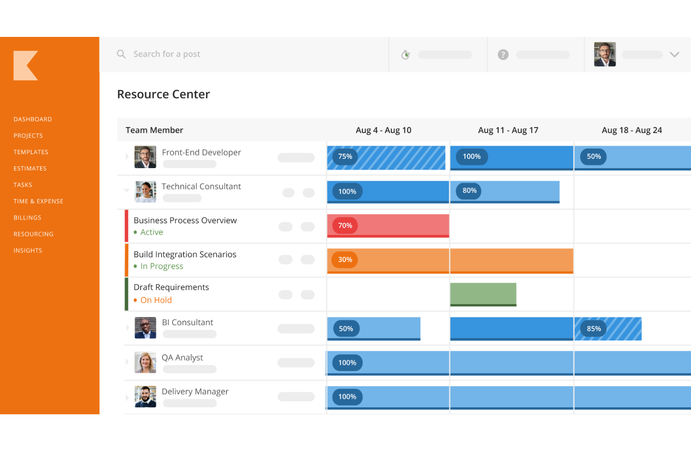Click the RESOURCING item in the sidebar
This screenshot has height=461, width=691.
point(34,234)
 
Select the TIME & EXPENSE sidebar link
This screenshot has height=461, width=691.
point(38,201)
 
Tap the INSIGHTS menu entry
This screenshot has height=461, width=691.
point(28,250)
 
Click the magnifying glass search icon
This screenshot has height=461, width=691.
point(121,54)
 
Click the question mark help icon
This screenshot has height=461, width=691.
point(503,55)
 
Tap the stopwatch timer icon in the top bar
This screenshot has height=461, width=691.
point(406,55)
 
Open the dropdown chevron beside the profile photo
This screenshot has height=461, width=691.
point(674,55)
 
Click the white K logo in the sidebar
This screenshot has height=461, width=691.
point(26,65)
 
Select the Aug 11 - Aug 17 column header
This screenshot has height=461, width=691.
point(508,130)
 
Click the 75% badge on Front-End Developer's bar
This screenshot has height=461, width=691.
point(345,156)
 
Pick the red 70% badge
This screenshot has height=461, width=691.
point(345,226)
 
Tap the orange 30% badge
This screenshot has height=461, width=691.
point(345,260)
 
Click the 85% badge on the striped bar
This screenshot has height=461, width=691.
point(593,329)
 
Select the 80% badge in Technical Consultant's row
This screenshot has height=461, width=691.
point(469,191)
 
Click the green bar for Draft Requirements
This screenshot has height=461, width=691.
point(483,294)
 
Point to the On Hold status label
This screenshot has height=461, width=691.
point(156,300)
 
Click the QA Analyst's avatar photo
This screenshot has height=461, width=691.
point(145,362)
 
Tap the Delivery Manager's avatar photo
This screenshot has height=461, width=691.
point(145,397)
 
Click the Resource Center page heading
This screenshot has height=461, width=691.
point(163,94)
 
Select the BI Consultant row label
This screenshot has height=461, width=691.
point(187,323)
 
